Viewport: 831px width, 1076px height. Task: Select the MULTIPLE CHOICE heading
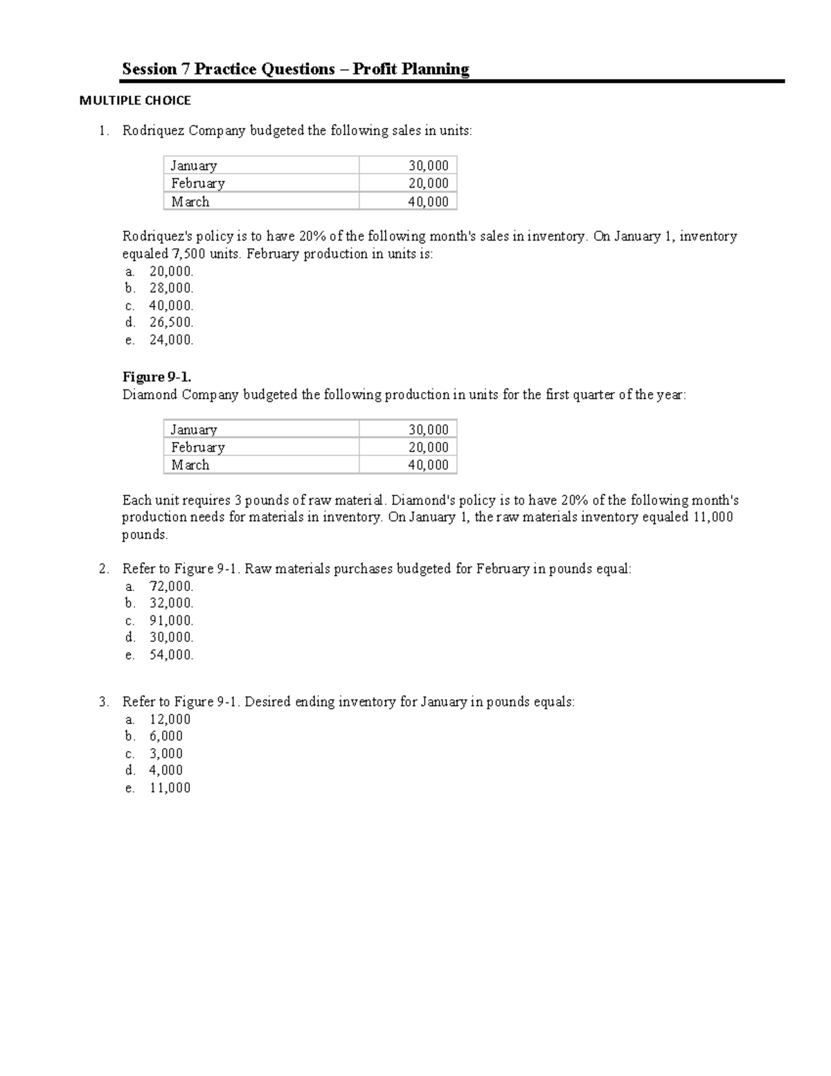[x=135, y=100]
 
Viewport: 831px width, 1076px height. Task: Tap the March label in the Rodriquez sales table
[x=190, y=202]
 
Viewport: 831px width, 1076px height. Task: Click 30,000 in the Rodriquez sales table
[x=428, y=166]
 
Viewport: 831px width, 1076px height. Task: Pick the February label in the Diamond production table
[x=197, y=448]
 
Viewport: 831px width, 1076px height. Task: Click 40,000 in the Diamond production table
[x=428, y=465]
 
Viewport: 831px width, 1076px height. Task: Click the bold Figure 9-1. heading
[x=157, y=377]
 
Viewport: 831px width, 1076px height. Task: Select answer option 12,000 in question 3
[x=170, y=719]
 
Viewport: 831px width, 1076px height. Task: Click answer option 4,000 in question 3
[x=166, y=770]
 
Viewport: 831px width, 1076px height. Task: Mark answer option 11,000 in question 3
[x=170, y=788]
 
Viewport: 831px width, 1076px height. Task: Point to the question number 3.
[x=103, y=702]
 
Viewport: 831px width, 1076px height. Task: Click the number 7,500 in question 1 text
[x=188, y=254]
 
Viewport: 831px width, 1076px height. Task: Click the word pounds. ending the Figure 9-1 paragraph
[x=145, y=535]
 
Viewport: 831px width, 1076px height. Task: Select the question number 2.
[x=103, y=569]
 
